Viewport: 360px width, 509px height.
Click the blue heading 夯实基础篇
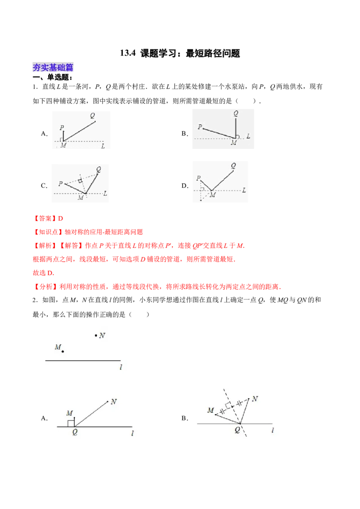pos(53,67)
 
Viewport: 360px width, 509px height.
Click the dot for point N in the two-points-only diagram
pos(96,335)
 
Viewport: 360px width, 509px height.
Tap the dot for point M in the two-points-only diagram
pos(63,351)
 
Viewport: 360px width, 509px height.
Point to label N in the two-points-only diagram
pos(103,335)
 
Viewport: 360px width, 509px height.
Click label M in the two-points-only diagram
pos(57,347)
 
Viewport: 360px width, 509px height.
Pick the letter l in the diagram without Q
pos(121,367)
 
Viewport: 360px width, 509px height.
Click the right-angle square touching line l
pos(71,423)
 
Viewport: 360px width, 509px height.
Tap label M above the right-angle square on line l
pos(69,413)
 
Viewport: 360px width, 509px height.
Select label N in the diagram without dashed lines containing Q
pos(114,402)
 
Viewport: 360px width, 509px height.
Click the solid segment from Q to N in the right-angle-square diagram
pos(92,413)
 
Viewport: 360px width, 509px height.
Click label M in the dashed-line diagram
pos(210,411)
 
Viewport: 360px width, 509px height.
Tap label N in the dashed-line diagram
pos(255,398)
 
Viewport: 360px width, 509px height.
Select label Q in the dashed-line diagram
pos(237,430)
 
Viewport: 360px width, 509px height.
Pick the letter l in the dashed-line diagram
pos(273,430)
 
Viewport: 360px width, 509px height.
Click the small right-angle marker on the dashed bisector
pos(229,405)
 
